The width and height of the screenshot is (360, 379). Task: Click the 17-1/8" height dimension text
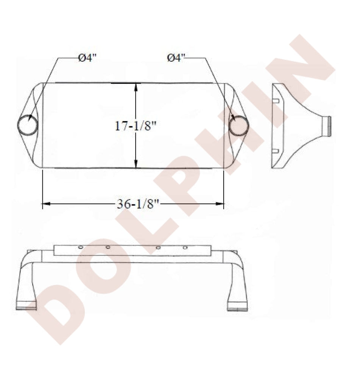[x=136, y=126]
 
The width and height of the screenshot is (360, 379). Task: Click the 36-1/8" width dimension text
[x=138, y=204]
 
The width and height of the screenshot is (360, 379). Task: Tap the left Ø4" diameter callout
[x=87, y=58]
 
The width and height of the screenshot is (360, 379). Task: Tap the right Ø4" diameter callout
[x=176, y=58]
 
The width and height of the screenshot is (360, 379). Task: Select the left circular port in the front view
[x=27, y=125]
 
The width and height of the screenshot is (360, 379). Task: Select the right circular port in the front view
[x=239, y=125]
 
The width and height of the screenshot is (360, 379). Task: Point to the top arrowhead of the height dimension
[x=136, y=87]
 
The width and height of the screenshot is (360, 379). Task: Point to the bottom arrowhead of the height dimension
[x=136, y=164]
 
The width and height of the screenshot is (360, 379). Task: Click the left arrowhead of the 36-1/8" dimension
[x=46, y=204]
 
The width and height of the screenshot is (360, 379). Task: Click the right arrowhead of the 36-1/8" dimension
[x=220, y=204]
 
